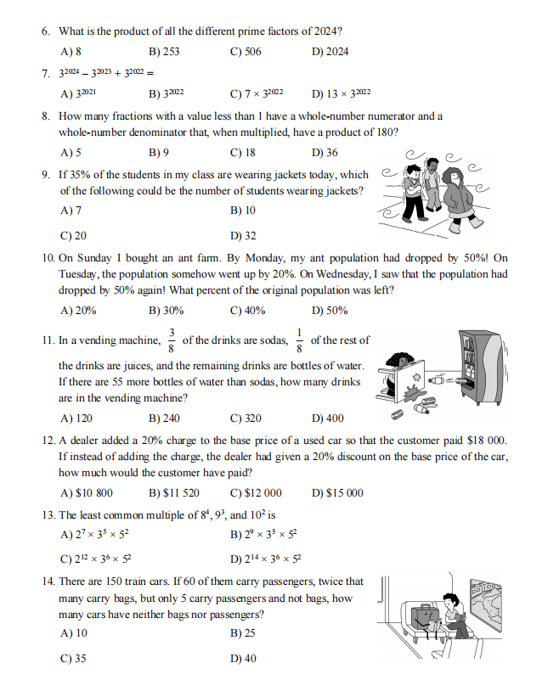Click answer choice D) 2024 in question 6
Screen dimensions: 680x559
click(330, 52)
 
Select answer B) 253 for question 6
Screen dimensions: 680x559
click(164, 52)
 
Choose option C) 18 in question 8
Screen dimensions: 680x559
click(243, 154)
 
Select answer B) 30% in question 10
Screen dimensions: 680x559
click(167, 311)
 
